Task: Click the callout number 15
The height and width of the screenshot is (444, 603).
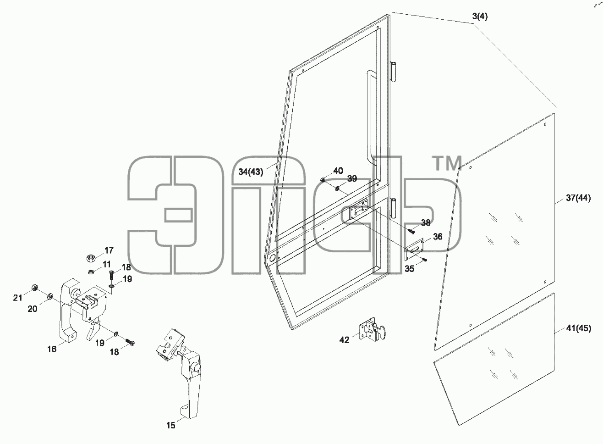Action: coord(170,425)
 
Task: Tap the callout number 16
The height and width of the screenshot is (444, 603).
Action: coord(52,349)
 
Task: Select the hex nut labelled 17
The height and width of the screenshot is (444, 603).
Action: coord(90,259)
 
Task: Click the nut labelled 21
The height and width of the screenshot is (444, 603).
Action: coord(34,288)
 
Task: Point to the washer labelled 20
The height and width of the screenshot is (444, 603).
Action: coord(50,297)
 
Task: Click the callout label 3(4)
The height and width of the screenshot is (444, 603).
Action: coord(480,17)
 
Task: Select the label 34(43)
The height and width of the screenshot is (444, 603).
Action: coord(251,172)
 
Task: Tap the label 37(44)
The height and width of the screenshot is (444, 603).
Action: coord(578,198)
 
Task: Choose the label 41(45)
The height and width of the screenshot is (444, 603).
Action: coord(579,328)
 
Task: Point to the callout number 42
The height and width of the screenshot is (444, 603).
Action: coord(344,340)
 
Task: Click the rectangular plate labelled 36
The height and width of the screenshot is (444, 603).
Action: coord(414,249)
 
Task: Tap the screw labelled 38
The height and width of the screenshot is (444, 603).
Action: coord(411,231)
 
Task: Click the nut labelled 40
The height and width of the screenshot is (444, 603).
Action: coord(322,180)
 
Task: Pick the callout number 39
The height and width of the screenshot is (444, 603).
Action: coord(352,178)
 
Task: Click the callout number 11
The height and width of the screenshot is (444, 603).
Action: coord(107,264)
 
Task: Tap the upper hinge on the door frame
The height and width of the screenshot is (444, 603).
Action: coord(393,72)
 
